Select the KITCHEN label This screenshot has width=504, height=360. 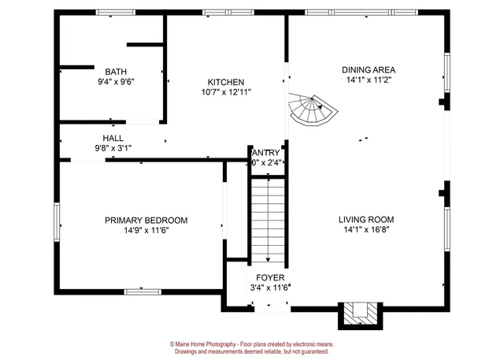pos(225,82)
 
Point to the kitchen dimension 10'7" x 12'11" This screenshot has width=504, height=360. pos(225,92)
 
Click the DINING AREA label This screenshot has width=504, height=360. pos(368,69)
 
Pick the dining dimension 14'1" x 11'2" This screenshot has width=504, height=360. pos(368,80)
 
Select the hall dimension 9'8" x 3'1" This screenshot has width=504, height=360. pos(113,147)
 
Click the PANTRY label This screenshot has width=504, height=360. pos(265,152)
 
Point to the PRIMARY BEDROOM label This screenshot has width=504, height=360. pos(146,221)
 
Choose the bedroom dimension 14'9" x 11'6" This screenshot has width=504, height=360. pos(146,231)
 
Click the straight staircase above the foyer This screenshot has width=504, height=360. pos(267,221)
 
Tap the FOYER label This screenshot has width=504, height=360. pos(269,278)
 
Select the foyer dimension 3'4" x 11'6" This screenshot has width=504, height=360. pos(269,288)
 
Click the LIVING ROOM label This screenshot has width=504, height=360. pos(366,220)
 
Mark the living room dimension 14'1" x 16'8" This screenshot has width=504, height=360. pos(366,230)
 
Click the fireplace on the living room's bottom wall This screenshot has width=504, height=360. pos(359,314)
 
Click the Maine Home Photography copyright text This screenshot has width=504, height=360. pos(252,344)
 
